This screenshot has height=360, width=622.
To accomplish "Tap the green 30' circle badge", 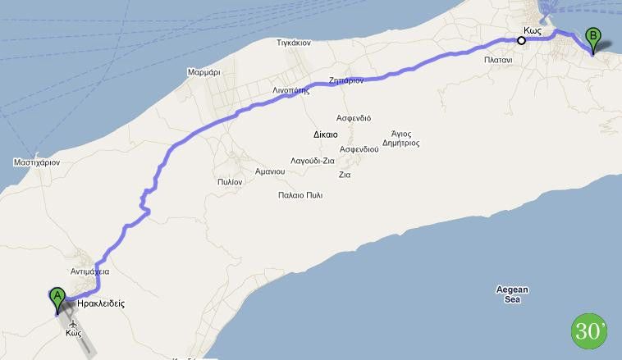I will coord(588,330).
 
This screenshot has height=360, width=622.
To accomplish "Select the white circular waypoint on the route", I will coord(521,39).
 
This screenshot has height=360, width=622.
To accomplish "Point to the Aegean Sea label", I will coord(513,294).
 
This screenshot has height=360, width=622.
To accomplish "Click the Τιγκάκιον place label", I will coord(294,43).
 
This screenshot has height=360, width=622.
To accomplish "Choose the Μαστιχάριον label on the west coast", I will coord(37,163).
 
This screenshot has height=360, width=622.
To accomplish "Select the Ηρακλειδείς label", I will coord(101,303).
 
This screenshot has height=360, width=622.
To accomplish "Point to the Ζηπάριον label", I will coord(345,81).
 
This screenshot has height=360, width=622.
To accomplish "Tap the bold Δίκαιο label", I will coord(326,133).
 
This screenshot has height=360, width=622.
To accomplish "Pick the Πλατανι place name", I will coord(498,61).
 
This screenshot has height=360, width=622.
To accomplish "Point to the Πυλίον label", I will coord(230,181).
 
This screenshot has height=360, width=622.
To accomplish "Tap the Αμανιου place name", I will coord(266,171).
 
